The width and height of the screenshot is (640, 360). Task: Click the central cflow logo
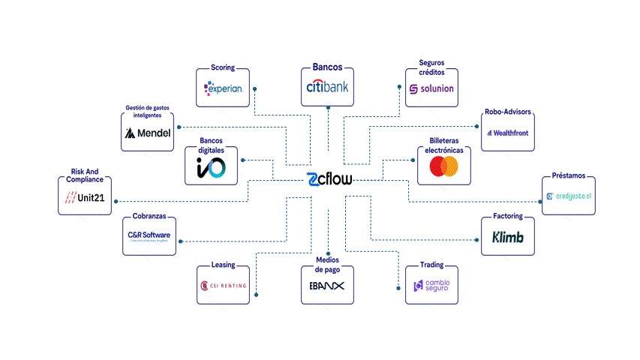click(329, 180)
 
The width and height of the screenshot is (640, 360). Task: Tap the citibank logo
click(327, 87)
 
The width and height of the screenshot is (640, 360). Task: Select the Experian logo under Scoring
click(223, 88)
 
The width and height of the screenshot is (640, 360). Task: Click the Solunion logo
click(431, 89)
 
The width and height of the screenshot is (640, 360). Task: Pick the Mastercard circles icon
click(443, 166)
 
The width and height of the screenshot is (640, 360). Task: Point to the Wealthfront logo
click(508, 133)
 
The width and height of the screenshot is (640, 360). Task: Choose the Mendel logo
click(148, 133)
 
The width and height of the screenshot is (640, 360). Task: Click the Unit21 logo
click(85, 197)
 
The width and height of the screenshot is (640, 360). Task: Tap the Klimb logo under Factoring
click(508, 238)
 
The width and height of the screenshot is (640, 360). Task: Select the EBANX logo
click(327, 286)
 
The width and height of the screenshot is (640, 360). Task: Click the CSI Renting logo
click(223, 285)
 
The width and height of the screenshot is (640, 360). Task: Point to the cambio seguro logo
click(431, 286)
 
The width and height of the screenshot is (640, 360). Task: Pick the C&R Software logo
click(149, 235)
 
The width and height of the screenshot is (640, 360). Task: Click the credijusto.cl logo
click(569, 196)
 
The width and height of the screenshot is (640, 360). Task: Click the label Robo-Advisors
click(508, 112)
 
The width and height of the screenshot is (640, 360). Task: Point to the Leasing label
click(223, 265)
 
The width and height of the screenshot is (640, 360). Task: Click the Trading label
click(431, 265)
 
